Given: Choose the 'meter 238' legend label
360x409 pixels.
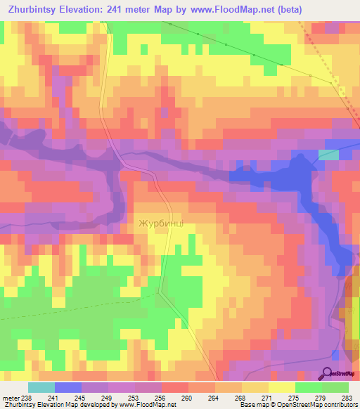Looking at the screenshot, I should click(x=17, y=398).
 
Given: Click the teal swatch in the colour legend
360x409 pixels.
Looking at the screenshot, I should click(x=41, y=387).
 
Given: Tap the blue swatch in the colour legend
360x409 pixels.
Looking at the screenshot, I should click(x=68, y=387).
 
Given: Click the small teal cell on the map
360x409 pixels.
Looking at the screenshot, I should click(x=328, y=155).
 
